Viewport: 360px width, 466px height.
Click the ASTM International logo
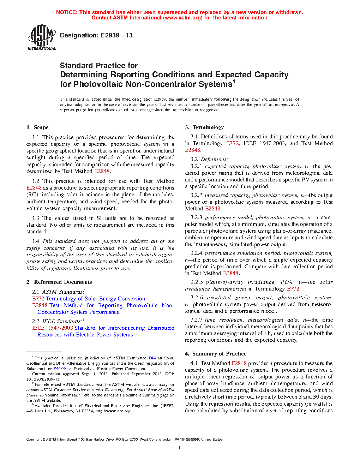[x=42, y=37]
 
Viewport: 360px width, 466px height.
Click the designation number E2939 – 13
[x=116, y=35]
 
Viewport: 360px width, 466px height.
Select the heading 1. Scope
[x=37, y=127]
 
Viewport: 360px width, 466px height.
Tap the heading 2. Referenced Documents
[x=59, y=282]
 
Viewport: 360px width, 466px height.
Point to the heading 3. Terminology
[x=204, y=127]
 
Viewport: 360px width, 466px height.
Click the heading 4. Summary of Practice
[x=216, y=354]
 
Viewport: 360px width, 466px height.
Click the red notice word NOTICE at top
[x=67, y=12]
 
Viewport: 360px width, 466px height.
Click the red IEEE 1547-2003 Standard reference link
[x=64, y=328]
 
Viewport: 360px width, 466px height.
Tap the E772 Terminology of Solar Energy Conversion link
[x=89, y=299]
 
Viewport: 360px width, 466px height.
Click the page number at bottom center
[x=180, y=448]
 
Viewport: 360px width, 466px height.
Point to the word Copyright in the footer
[x=34, y=440]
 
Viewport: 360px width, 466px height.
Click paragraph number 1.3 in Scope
[x=36, y=218]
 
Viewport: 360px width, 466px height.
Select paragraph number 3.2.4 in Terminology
[x=197, y=253]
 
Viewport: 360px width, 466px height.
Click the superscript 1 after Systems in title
[x=234, y=82]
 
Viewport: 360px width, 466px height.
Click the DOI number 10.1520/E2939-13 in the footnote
[x=43, y=379]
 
